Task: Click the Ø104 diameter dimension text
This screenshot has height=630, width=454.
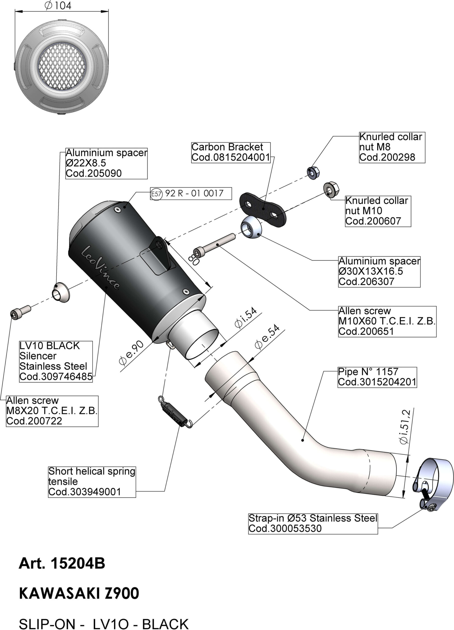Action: point(58,6)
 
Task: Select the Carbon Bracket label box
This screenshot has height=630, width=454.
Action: point(231,152)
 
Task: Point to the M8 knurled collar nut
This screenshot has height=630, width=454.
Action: point(313,173)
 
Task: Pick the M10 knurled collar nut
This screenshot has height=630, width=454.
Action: point(331,189)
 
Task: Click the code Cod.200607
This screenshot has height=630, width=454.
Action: point(373,221)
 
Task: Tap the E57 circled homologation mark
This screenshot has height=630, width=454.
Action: point(156,194)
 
